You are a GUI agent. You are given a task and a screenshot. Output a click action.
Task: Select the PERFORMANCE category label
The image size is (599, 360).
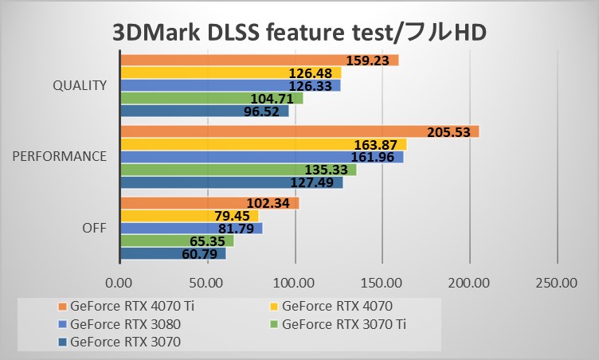tap(60, 157)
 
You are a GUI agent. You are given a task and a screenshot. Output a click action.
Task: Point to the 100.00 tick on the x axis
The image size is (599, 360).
tap(295, 282)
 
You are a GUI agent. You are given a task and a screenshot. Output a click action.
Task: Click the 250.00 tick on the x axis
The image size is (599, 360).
tap(556, 282)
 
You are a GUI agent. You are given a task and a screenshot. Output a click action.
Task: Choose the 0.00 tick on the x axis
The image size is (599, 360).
tap(119, 282)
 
